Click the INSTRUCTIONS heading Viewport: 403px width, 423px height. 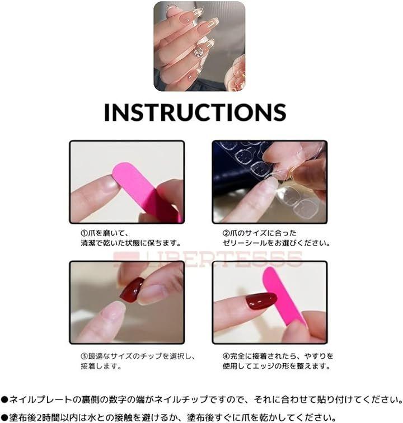(x=195, y=112)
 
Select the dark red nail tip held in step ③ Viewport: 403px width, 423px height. (x=132, y=290)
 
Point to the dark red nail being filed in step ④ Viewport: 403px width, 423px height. (x=261, y=301)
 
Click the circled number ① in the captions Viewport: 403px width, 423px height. (x=84, y=233)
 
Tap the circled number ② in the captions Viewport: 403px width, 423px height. (x=226, y=233)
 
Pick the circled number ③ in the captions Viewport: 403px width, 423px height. (x=84, y=356)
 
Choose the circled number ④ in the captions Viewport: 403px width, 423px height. (x=226, y=356)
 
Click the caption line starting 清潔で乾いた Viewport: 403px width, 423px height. (x=130, y=243)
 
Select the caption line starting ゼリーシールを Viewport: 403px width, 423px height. (x=277, y=243)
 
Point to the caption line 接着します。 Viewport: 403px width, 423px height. (x=101, y=366)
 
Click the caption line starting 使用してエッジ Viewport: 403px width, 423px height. (x=277, y=366)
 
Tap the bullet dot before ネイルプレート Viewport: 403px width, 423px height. (x=4, y=399)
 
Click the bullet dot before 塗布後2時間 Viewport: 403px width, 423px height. (x=4, y=417)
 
